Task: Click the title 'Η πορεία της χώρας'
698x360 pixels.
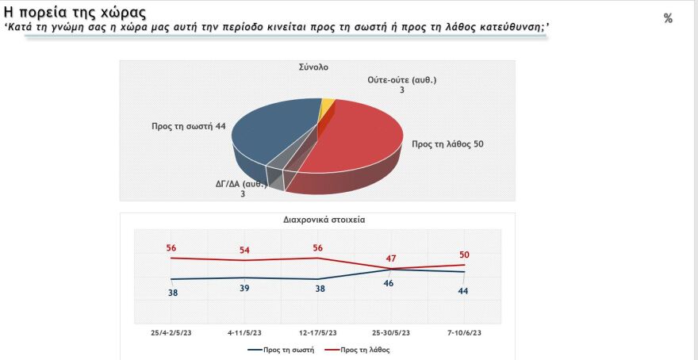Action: pyautogui.click(x=76, y=13)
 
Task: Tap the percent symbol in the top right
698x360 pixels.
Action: pyautogui.click(x=668, y=18)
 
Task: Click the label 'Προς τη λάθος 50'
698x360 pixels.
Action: pyautogui.click(x=447, y=144)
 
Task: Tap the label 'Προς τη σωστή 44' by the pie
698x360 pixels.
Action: pyautogui.click(x=188, y=126)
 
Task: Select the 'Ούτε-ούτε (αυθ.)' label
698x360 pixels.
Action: pyautogui.click(x=402, y=80)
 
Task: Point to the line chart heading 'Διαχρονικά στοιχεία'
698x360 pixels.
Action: pyautogui.click(x=317, y=221)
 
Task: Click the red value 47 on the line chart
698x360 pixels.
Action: pyautogui.click(x=390, y=259)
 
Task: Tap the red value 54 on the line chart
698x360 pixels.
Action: pyautogui.click(x=244, y=251)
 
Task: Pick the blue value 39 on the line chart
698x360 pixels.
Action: pyautogui.click(x=244, y=288)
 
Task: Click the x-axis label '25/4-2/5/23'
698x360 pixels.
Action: pyautogui.click(x=171, y=332)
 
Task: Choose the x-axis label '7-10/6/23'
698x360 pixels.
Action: pyautogui.click(x=464, y=332)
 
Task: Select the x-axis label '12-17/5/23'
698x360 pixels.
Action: pyautogui.click(x=317, y=332)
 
